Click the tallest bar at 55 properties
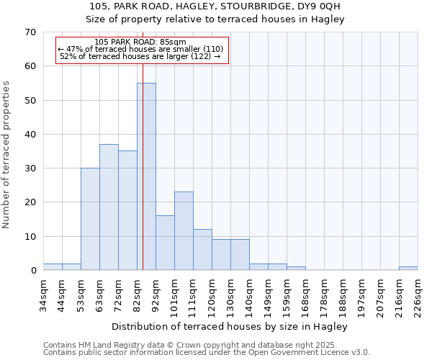coord(146,176)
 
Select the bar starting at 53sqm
coord(90,219)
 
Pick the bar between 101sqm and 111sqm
coord(184,231)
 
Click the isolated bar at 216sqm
coord(408,269)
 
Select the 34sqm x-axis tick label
coord(44,294)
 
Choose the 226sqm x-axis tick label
coord(418,294)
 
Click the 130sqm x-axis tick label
coord(231,294)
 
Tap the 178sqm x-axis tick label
coord(324,294)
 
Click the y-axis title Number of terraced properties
coord(6,155)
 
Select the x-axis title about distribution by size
coord(230,327)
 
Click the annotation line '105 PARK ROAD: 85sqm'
coord(140,42)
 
